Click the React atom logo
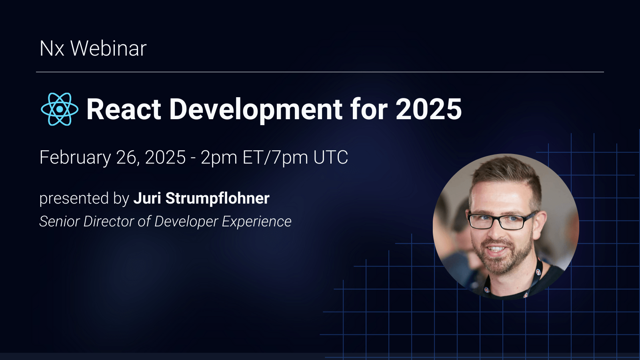(x=60, y=109)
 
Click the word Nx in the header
(x=52, y=49)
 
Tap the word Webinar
(x=108, y=49)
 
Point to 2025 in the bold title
(x=428, y=109)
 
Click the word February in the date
(x=75, y=158)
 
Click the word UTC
(x=331, y=158)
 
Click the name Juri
(x=147, y=198)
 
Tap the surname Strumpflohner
(x=218, y=198)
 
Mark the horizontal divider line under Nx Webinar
(x=320, y=72)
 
